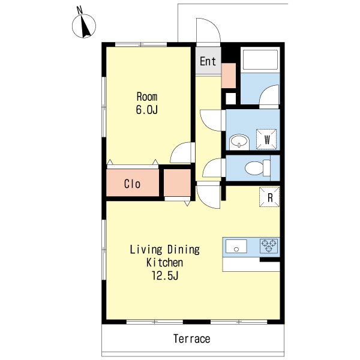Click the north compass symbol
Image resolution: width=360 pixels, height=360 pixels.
click(x=84, y=24)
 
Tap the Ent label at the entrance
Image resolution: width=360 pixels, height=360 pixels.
click(x=208, y=61)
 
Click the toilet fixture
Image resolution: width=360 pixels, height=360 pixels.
click(x=257, y=168)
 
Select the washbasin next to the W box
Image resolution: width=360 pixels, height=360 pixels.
click(x=239, y=142)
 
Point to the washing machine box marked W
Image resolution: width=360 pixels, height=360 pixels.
click(x=266, y=139)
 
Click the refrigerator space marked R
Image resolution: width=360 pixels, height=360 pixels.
click(x=269, y=197)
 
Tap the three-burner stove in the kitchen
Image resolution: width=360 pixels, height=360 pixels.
click(x=269, y=246)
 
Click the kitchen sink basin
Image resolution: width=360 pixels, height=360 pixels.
click(x=236, y=246)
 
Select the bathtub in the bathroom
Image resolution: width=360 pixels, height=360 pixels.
click(x=260, y=59)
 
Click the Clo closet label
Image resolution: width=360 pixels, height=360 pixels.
click(x=132, y=184)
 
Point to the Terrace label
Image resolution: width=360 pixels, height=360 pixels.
click(x=192, y=339)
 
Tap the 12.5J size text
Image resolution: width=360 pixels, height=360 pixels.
click(x=165, y=275)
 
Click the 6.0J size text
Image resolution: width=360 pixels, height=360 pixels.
click(x=147, y=110)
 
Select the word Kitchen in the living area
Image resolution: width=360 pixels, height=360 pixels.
click(x=164, y=262)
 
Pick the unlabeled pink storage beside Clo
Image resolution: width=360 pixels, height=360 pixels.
click(x=177, y=183)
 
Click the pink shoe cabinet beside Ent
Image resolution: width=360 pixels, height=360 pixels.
click(x=229, y=76)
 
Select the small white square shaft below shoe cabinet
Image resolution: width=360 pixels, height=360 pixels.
click(x=230, y=98)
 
